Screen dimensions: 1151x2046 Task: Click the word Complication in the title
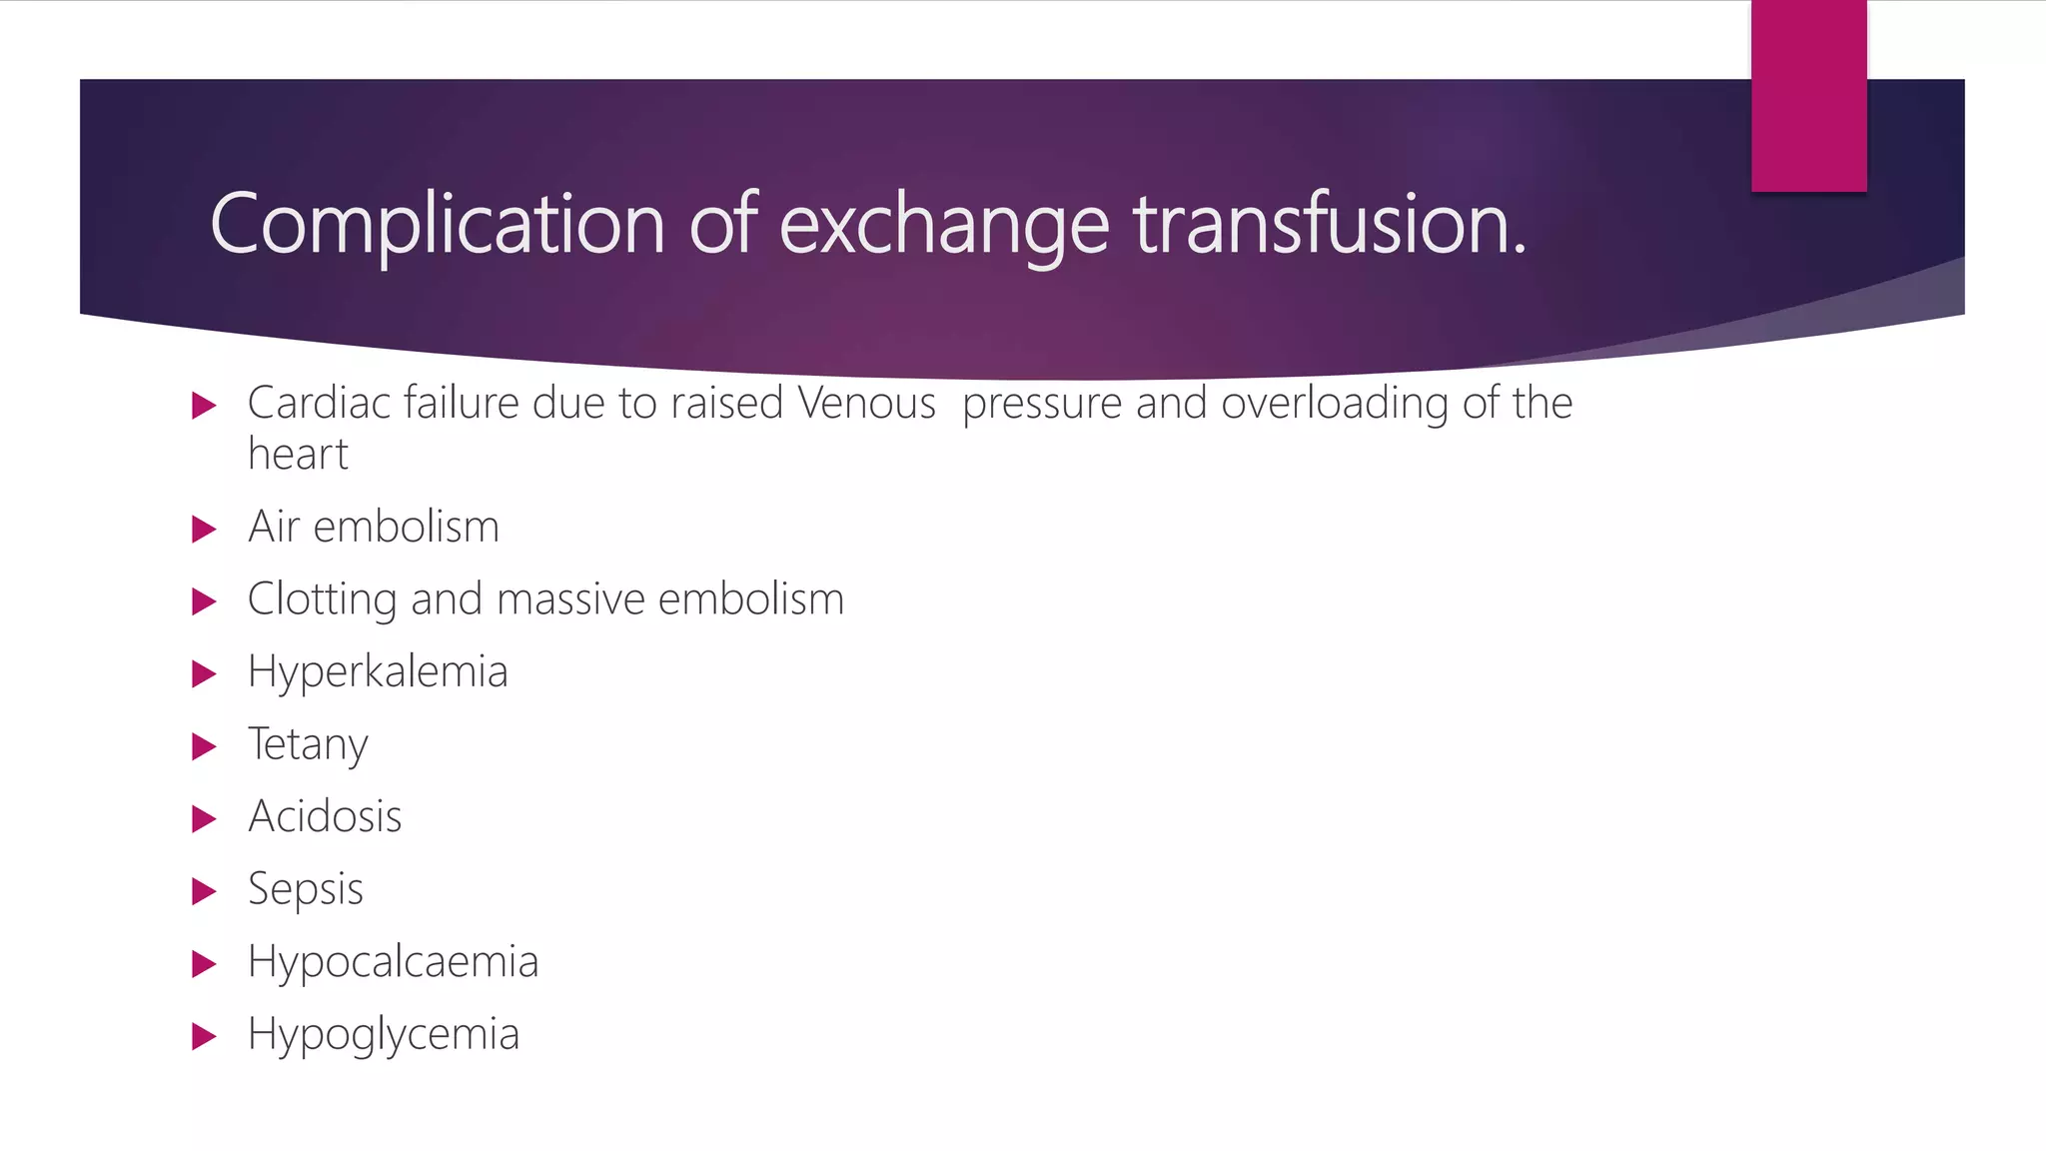pos(438,225)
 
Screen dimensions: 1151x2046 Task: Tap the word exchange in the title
pos(943,225)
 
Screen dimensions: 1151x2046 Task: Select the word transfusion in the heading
pos(1329,223)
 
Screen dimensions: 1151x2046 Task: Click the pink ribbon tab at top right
pos(1808,96)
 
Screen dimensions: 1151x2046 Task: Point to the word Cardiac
pos(319,403)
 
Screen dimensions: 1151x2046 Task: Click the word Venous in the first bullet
pos(866,403)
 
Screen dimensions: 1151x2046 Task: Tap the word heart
pos(298,455)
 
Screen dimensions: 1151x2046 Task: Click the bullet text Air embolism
pos(373,527)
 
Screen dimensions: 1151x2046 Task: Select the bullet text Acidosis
pos(325,816)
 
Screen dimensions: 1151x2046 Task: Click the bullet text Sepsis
pos(305,889)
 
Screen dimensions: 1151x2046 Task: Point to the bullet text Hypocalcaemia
pos(393,962)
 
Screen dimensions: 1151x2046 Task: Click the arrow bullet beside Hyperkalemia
pos(204,674)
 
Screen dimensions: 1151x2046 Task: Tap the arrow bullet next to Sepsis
pos(204,891)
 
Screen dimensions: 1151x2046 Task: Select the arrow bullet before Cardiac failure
pos(204,406)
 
